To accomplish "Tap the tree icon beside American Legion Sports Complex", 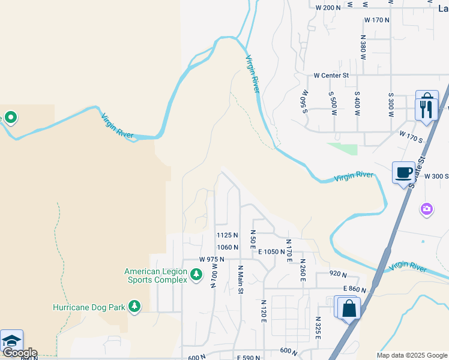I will click(x=196, y=275).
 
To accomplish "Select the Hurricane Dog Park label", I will click(x=89, y=307).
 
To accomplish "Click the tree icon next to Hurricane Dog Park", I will click(x=134, y=307).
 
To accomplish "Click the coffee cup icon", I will click(x=403, y=173).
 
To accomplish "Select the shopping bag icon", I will click(x=349, y=309).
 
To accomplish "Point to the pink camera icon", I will click(x=427, y=209).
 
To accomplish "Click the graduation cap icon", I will click(x=11, y=341).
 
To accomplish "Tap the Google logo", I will click(x=19, y=353).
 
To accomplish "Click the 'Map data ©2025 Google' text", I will click(x=412, y=355).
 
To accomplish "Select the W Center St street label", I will click(x=331, y=76).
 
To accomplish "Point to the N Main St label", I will click(x=241, y=280).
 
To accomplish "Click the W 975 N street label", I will click(x=211, y=259).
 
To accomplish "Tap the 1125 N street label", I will click(x=228, y=235).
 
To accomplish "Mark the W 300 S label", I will click(x=436, y=176).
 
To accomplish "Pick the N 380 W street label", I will click(x=363, y=47).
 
